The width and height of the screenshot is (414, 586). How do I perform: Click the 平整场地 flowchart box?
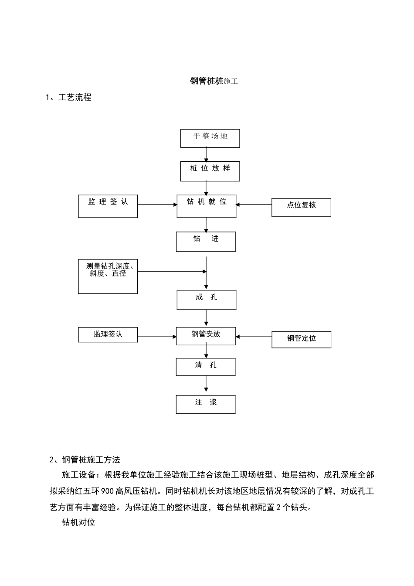click(x=210, y=139)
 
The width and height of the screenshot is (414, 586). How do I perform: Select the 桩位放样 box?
click(x=210, y=171)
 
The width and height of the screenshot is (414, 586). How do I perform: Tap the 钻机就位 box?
click(x=207, y=206)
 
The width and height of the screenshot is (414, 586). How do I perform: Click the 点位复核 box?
click(x=301, y=207)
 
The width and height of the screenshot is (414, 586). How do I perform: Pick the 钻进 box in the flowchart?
click(x=206, y=242)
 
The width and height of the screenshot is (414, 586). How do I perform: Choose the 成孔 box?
click(x=207, y=300)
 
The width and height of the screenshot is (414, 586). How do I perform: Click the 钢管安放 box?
click(x=206, y=336)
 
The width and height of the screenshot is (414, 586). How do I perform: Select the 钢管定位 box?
click(x=301, y=339)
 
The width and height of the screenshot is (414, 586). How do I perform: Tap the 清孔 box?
click(x=206, y=367)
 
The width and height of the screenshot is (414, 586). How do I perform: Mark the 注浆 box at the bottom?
click(x=206, y=404)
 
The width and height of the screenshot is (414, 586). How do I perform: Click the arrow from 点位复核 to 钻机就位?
click(x=254, y=204)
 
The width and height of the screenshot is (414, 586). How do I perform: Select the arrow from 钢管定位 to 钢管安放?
click(x=254, y=337)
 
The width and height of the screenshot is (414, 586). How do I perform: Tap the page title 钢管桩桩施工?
click(x=214, y=81)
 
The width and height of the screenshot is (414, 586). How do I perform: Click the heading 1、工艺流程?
click(x=69, y=98)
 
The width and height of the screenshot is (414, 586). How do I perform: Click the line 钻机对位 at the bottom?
click(x=79, y=522)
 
